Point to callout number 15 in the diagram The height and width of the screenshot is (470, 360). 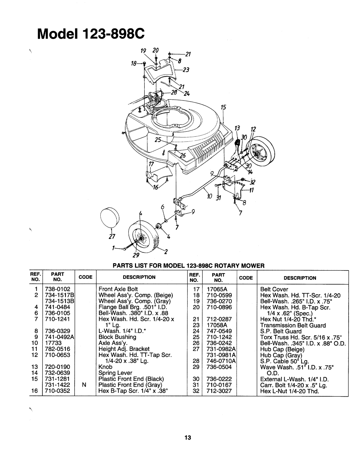(220, 108)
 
